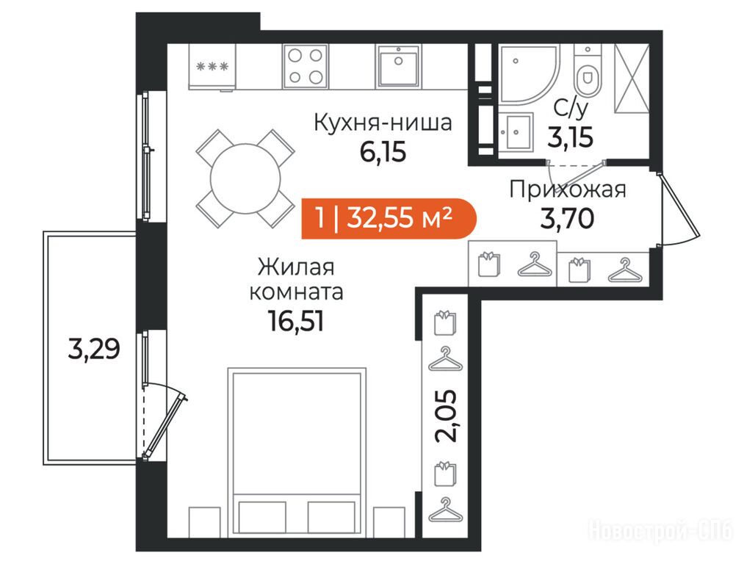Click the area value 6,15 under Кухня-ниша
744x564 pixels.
pos(383,153)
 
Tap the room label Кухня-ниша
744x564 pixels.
pos(383,123)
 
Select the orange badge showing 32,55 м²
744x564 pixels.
pos(389,217)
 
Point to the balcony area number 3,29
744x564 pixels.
pos(94,350)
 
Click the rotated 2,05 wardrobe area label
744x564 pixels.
pos(447,416)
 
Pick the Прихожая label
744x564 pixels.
pos(568,190)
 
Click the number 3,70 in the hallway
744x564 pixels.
pos(568,219)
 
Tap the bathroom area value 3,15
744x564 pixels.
pos(571,137)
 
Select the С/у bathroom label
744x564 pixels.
pos(571,109)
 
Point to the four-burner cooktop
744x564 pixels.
pos(306,66)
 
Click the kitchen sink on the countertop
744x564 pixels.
pos(399,66)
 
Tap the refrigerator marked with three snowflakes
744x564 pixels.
pos(212,67)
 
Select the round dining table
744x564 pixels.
pos(245,179)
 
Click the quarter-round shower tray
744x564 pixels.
pos(529,73)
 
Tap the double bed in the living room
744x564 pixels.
pos(297,452)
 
